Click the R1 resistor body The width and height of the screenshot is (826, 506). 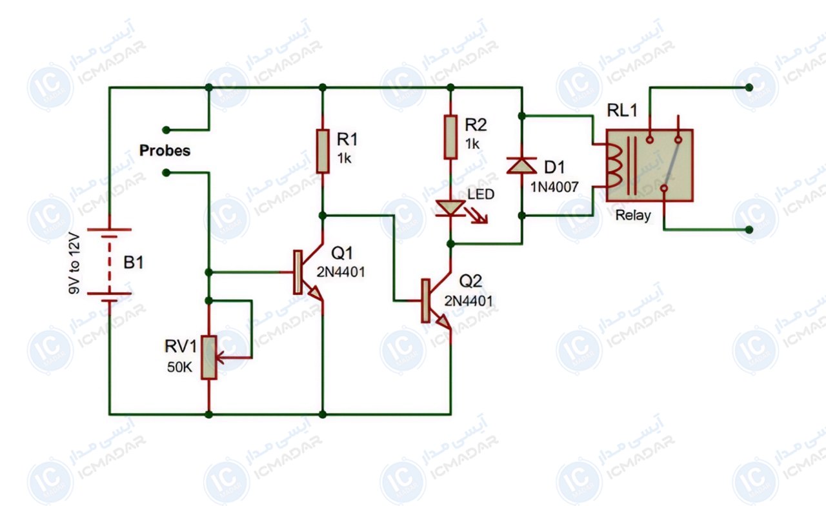pos(323,151)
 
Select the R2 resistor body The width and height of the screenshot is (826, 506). pos(450,137)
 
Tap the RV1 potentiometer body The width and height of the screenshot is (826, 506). pos(208,358)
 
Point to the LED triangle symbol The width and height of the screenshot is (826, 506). pos(450,208)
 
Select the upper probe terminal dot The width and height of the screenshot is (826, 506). pos(166,130)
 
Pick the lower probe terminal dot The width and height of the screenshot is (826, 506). pos(166,172)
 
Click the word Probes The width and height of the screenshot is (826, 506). pos(165,150)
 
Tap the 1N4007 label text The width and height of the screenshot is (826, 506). pos(554,187)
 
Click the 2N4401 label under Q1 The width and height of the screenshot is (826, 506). pos(341,272)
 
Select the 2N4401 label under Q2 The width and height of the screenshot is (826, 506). pos(468,301)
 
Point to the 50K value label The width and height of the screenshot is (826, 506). pos(179,367)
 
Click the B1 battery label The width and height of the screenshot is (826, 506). pos(134,263)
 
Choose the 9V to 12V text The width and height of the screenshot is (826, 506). pos(74,263)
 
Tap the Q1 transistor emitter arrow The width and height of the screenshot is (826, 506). pos(316,293)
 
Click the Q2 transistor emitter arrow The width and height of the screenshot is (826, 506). pos(443,322)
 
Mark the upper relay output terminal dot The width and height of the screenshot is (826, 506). pos(749,87)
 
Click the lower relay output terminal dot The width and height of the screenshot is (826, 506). pos(749,230)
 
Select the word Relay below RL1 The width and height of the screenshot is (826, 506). pos(633,216)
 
